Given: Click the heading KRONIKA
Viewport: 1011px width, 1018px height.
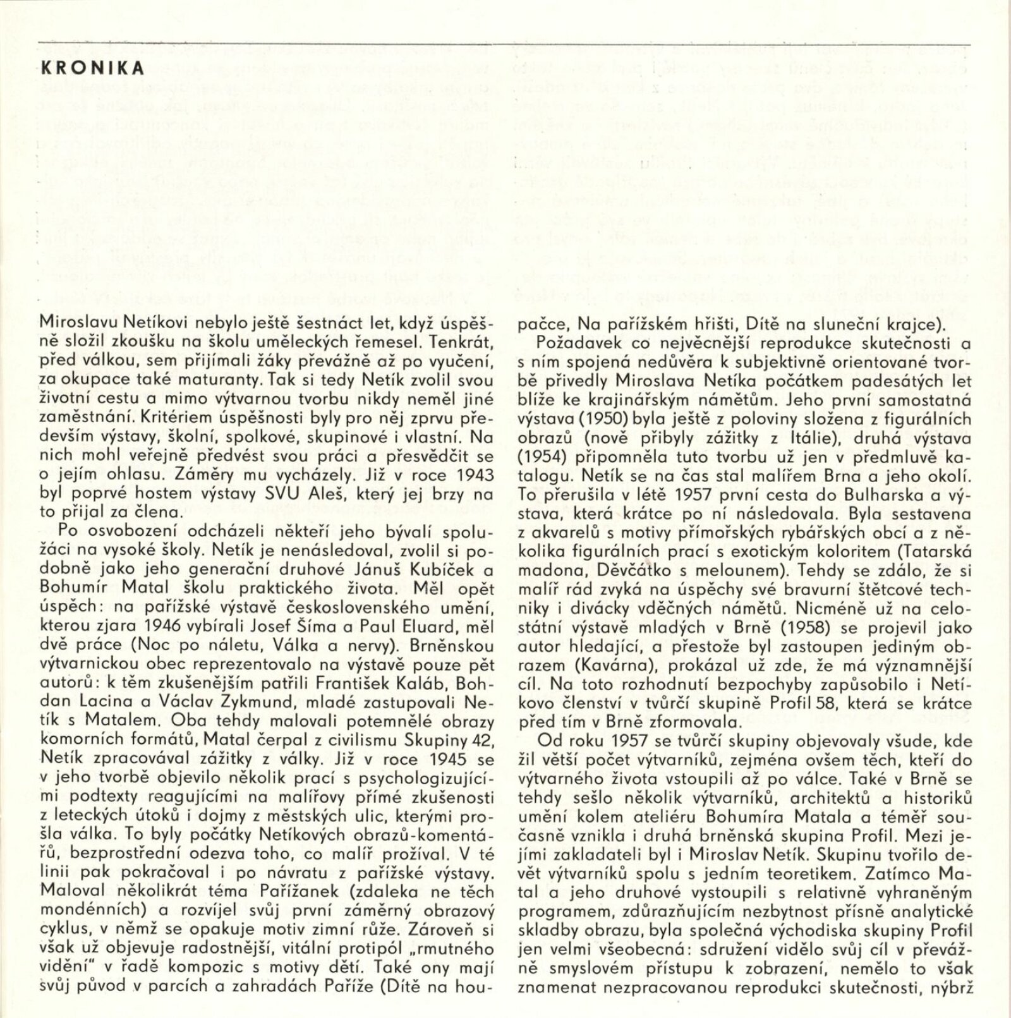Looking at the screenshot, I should tap(92, 68).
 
